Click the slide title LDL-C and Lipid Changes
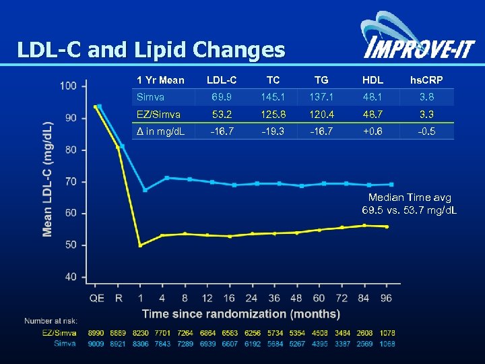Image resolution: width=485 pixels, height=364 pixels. click(151, 49)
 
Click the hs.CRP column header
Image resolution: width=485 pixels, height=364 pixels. click(427, 80)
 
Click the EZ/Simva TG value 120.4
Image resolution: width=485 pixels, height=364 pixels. click(321, 114)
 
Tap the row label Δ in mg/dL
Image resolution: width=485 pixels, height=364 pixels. click(160, 131)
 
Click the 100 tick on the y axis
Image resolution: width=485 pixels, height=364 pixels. click(68, 86)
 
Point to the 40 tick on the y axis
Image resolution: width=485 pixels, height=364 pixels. click(70, 276)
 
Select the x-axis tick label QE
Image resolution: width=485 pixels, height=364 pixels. click(97, 297)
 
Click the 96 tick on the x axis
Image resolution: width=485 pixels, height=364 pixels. click(386, 297)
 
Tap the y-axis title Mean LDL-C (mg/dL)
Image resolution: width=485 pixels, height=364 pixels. click(48, 180)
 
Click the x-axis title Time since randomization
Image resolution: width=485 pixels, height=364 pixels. click(240, 313)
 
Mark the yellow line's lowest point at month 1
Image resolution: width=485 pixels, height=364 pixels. click(140, 245)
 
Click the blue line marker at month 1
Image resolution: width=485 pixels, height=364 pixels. click(145, 189)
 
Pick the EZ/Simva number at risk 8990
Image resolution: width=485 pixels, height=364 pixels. click(97, 332)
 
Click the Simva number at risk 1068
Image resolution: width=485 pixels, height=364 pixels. click(386, 344)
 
